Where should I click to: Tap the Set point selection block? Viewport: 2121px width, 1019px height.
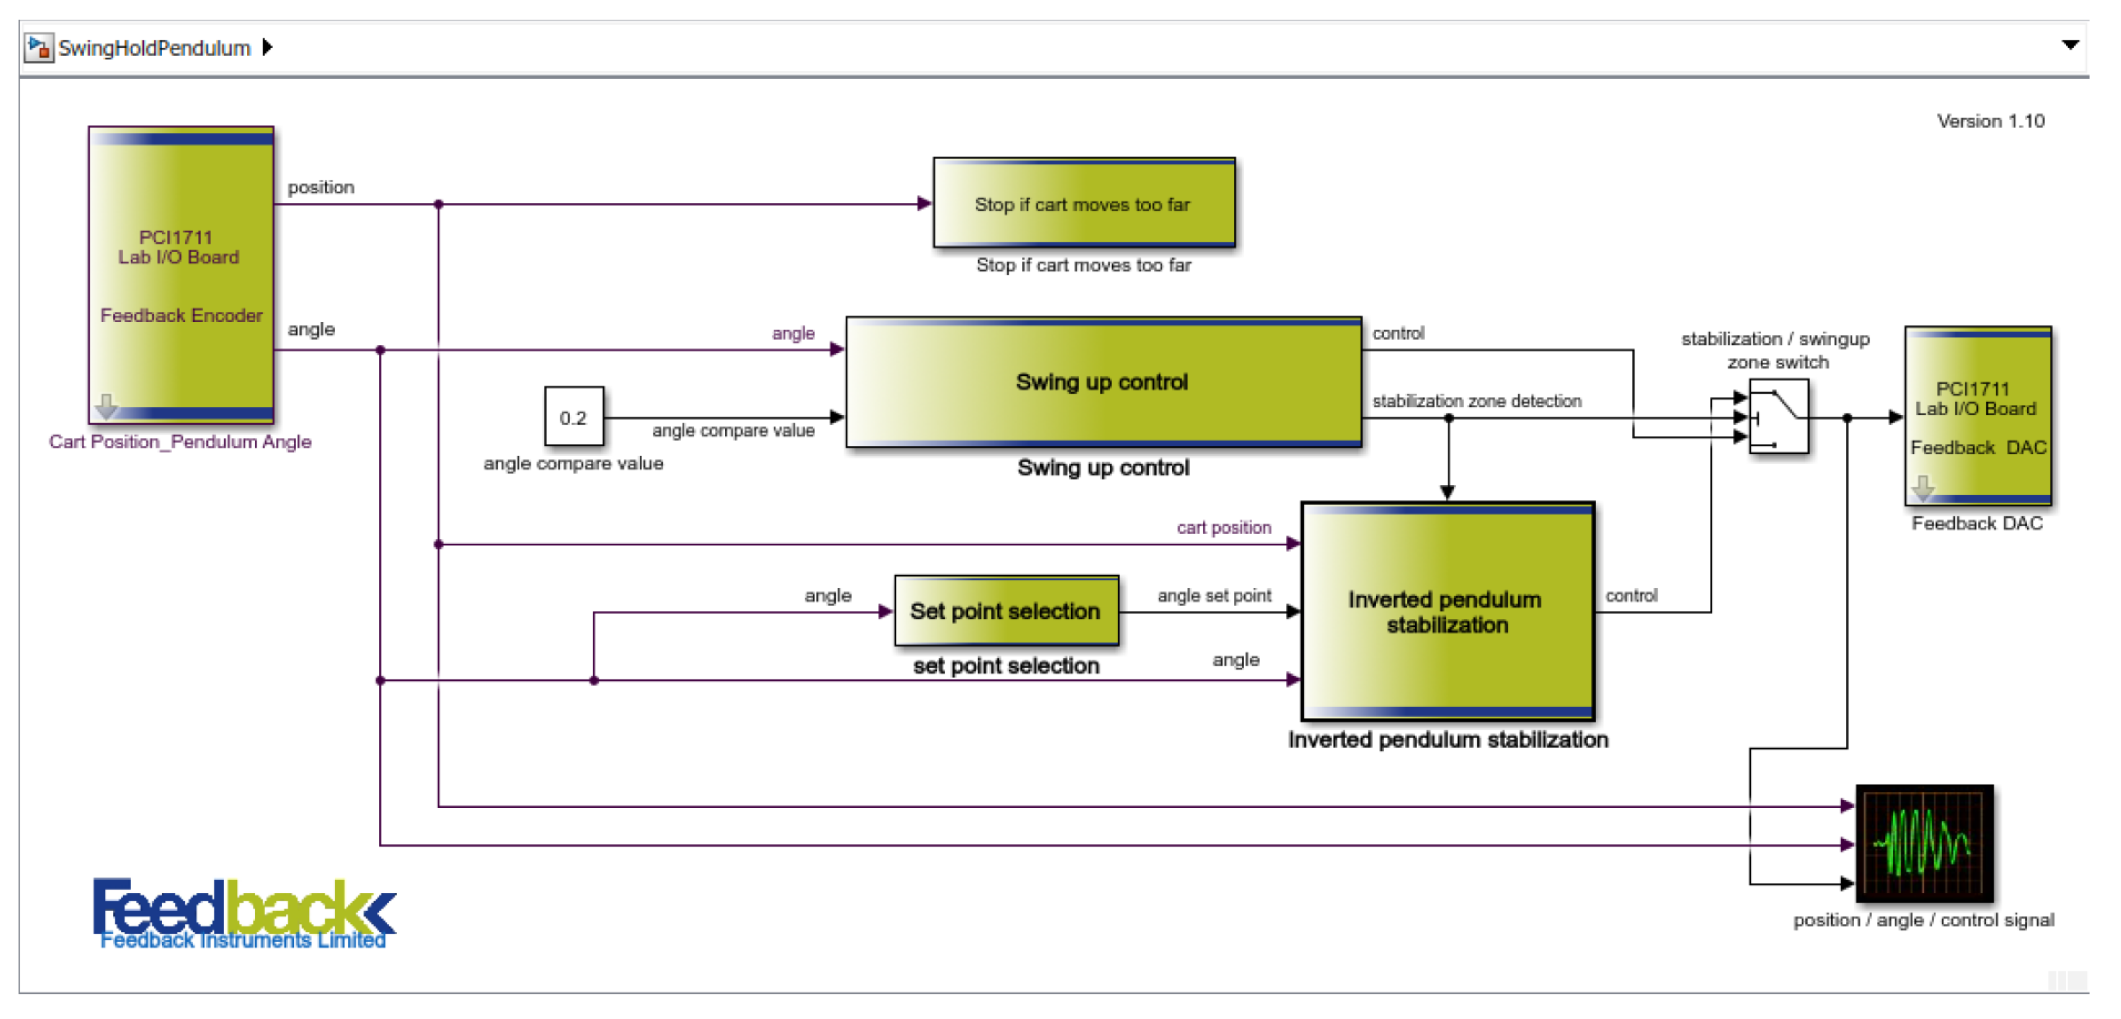coord(1005,611)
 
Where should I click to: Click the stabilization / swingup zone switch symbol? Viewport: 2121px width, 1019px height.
coord(1778,416)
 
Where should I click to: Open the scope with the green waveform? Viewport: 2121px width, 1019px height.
coord(1924,843)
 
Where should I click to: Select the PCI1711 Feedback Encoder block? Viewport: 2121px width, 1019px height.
coord(181,275)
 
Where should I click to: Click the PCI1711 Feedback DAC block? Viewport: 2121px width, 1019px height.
coord(1977,416)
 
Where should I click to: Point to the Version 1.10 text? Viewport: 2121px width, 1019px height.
coord(1990,121)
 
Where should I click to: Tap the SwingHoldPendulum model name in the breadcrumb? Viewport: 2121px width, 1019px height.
coord(154,48)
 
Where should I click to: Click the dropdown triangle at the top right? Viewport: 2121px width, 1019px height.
coord(2070,46)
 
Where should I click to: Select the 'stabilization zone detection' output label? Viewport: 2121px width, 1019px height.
coord(1476,401)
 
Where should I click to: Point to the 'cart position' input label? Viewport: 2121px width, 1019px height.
coord(1223,527)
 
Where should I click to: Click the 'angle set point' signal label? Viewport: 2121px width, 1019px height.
coord(1214,595)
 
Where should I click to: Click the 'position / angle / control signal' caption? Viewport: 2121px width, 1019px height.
coord(1923,920)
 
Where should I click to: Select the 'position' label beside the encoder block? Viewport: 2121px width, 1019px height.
coord(320,187)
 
